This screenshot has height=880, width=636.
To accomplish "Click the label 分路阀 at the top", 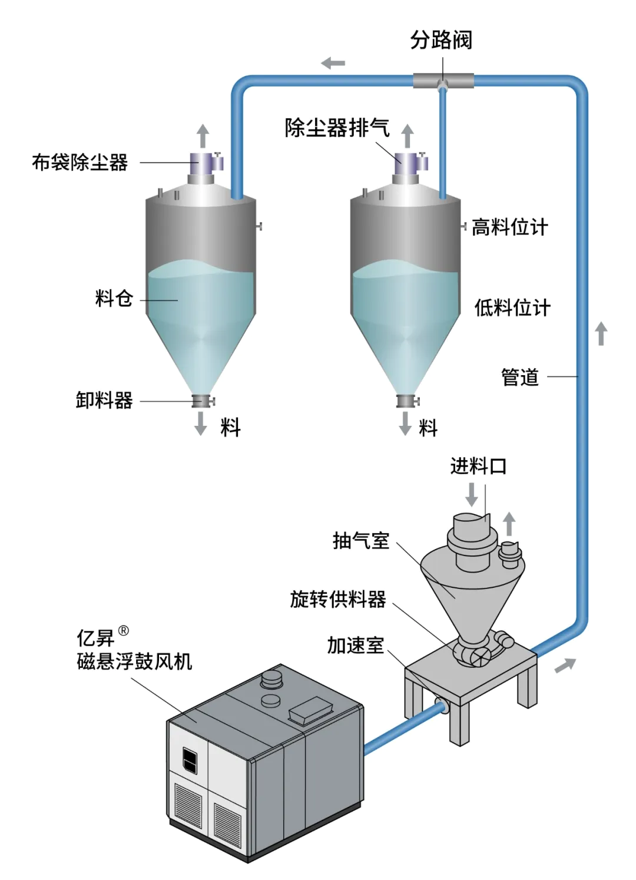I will (x=441, y=40).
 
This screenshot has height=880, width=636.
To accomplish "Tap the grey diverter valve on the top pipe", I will (x=443, y=81).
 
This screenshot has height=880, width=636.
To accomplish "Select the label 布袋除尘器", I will (x=79, y=163).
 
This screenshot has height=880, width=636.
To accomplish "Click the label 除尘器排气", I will (x=337, y=127).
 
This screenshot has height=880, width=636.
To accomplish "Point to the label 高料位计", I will (x=510, y=227).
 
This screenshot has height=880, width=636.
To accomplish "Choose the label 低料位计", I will (x=512, y=307).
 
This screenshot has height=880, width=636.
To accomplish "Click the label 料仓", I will (x=114, y=299).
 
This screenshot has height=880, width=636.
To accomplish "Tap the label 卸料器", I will (x=104, y=401).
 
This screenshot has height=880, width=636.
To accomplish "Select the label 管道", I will (x=520, y=377).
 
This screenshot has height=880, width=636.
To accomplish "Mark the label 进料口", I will (x=478, y=466).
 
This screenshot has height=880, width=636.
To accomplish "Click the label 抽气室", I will (x=360, y=540).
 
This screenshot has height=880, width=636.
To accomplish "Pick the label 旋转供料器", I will (x=338, y=599).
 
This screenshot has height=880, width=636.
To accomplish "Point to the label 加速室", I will (x=355, y=646).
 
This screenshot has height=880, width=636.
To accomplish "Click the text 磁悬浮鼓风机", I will (x=134, y=661).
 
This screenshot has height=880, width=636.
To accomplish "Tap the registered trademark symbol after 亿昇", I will (x=124, y=631).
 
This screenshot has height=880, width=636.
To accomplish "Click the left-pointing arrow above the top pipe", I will (x=333, y=63).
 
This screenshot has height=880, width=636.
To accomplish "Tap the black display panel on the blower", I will (x=190, y=759).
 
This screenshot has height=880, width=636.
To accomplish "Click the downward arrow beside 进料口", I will (x=472, y=494).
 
